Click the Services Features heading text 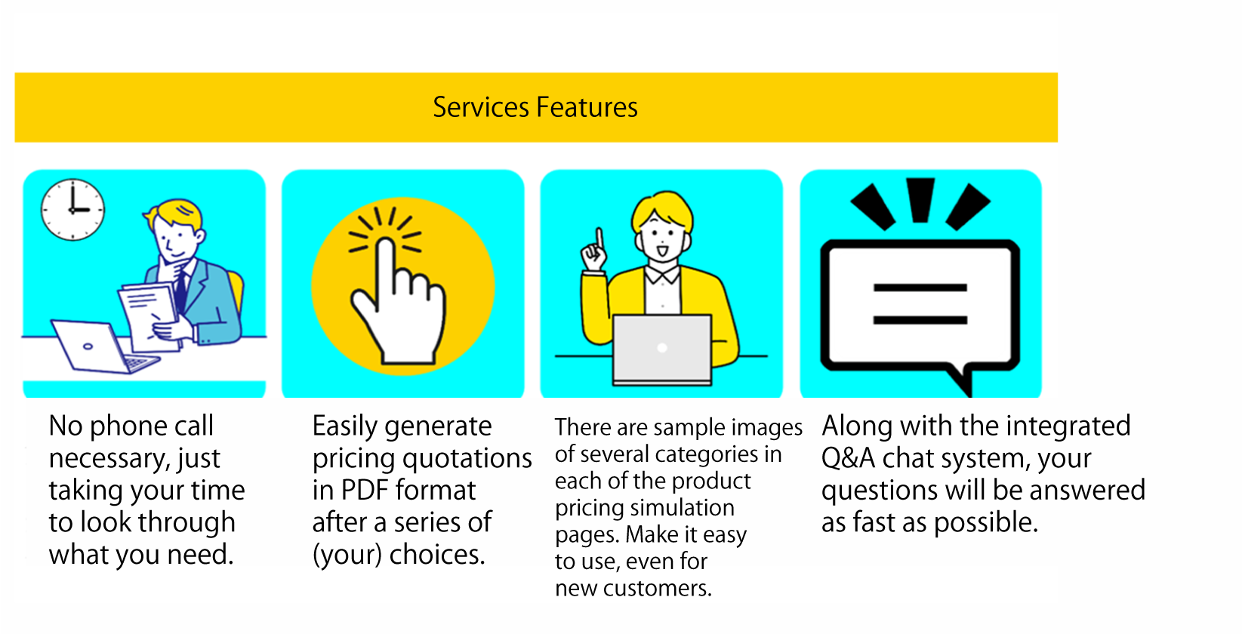click(x=535, y=107)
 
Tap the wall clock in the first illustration click(x=72, y=210)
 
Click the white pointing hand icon click(x=398, y=301)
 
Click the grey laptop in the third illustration click(x=662, y=349)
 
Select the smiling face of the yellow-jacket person click(x=663, y=239)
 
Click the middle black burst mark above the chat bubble click(x=920, y=200)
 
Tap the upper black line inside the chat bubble click(x=920, y=288)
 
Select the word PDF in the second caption click(x=362, y=490)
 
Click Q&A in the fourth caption click(x=848, y=458)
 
